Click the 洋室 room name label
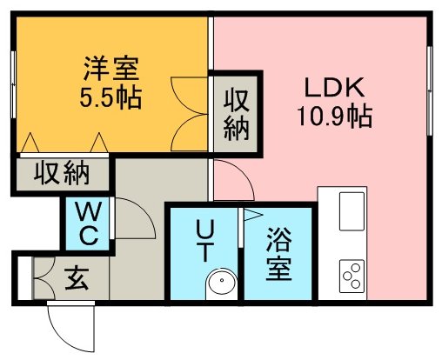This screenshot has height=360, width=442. (x=111, y=69)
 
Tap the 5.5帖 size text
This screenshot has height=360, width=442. (x=110, y=97)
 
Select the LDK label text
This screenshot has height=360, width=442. (x=334, y=87)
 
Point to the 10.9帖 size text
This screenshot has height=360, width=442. (x=335, y=117)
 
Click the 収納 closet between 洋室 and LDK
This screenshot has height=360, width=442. (x=236, y=114)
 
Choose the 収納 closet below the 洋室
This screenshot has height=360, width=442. (x=63, y=175)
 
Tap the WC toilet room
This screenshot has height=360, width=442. (x=88, y=223)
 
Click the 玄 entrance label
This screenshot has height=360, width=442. (x=77, y=278)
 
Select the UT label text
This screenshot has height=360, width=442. (x=204, y=240)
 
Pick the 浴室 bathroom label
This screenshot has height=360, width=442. (x=278, y=254)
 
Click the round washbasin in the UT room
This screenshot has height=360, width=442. (x=222, y=282)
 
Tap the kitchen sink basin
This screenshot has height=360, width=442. (x=352, y=211)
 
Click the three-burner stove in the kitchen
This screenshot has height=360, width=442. (x=352, y=276)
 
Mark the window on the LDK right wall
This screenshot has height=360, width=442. (x=430, y=90)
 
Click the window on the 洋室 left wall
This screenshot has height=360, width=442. (x=13, y=84)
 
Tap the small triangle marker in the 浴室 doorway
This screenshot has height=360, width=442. (x=253, y=215)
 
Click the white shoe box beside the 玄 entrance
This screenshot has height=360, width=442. (x=24, y=278)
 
